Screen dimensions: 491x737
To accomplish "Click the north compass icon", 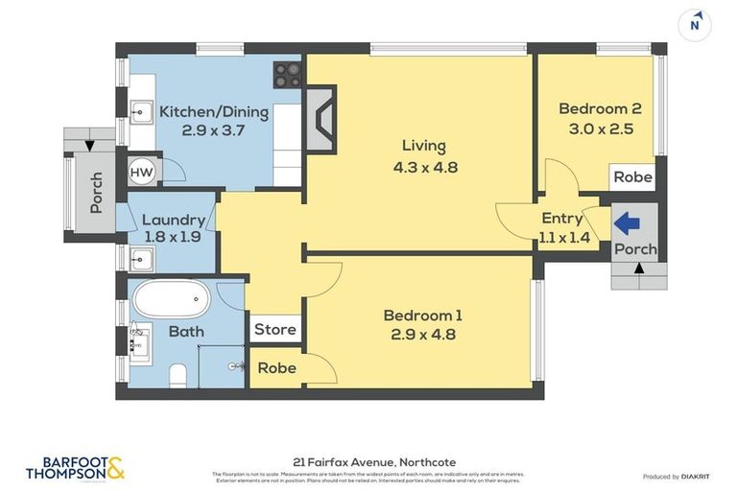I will point(694,24).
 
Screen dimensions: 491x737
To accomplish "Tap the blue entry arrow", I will point(627,223).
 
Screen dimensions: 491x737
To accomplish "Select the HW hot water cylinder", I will point(142,173).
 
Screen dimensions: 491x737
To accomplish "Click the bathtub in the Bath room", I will point(171,299).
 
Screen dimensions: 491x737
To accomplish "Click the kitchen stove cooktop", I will point(288,72).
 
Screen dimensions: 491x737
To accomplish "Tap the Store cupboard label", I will point(274,330).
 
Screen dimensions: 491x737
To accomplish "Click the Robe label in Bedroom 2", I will point(632,177).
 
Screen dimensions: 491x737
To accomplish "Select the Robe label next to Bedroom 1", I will point(276,368).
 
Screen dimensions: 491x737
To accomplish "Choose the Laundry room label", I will point(173,220).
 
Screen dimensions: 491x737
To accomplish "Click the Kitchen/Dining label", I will point(214,111).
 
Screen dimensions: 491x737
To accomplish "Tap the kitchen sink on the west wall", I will point(140,112).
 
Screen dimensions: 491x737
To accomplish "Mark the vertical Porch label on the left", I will point(96,193).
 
